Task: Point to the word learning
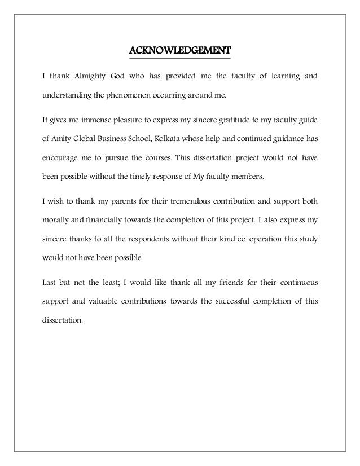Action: [x=279, y=76]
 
